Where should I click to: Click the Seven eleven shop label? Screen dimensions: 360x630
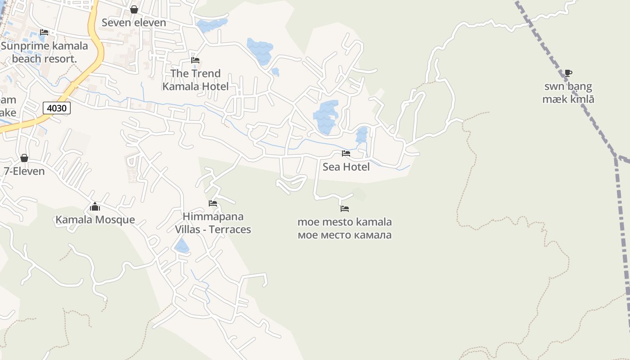[x=134, y=22]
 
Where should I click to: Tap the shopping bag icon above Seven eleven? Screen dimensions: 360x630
[x=134, y=9]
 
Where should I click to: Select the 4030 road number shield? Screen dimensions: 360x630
[x=57, y=108]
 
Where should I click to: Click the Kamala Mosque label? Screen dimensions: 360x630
[x=95, y=220]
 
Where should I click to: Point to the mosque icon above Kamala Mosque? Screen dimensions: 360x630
[x=95, y=207]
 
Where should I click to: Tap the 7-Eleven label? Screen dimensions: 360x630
[x=24, y=171]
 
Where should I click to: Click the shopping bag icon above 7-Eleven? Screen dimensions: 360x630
[x=24, y=158]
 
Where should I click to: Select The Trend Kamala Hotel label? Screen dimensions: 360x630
[x=195, y=80]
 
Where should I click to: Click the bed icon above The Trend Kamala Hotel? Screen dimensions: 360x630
[x=195, y=60]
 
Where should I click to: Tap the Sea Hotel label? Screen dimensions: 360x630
[x=346, y=167]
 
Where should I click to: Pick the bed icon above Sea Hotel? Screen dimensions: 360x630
[x=346, y=153]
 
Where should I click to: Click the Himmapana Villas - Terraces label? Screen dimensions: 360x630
[x=213, y=223]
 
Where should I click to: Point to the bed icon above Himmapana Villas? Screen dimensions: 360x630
[x=213, y=203]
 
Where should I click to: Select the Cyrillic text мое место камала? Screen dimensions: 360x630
[x=345, y=234]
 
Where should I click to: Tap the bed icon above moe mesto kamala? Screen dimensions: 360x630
[x=345, y=209]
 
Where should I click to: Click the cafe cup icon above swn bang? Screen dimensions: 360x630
[x=568, y=73]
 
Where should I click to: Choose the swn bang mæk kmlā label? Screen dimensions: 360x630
[x=568, y=93]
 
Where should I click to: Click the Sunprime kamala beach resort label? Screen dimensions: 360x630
[x=44, y=52]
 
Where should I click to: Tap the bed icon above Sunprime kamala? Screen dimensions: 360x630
[x=44, y=32]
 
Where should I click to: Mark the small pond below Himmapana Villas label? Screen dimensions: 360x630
[x=182, y=246]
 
